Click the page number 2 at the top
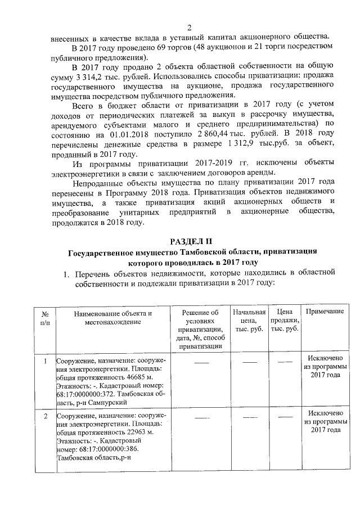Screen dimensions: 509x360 tap(190, 28)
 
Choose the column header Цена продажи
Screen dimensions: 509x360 tap(285, 320)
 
